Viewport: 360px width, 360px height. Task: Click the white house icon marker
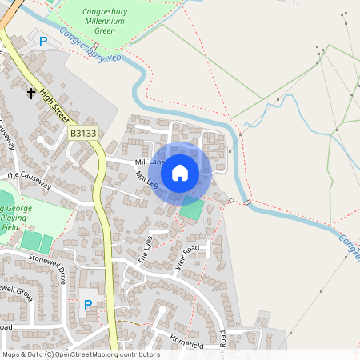pyautogui.click(x=180, y=172)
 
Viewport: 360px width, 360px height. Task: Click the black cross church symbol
pyautogui.click(x=31, y=94)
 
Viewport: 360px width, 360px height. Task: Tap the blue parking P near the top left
pyautogui.click(x=43, y=42)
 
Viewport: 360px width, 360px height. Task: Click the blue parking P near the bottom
pyautogui.click(x=88, y=304)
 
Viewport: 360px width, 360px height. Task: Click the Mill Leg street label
pyautogui.click(x=147, y=181)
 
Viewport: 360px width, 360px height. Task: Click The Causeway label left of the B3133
pyautogui.click(x=28, y=181)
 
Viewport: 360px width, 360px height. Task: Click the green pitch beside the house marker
pyautogui.click(x=192, y=210)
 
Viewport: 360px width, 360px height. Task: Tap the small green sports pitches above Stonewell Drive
pyautogui.click(x=36, y=241)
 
